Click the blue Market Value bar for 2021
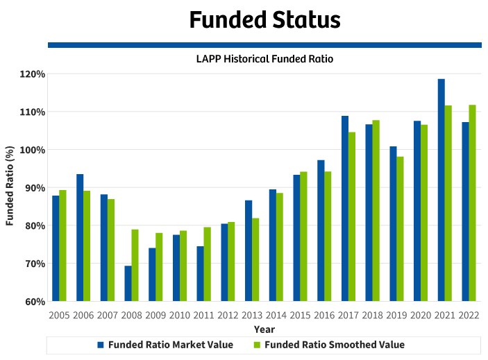click(x=441, y=190)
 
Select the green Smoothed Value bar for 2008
click(x=135, y=265)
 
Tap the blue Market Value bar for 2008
click(x=128, y=284)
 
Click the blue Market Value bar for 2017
click(x=345, y=209)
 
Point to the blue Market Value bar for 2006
click(x=80, y=238)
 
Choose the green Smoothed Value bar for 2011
click(x=208, y=264)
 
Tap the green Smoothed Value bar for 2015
click(x=304, y=237)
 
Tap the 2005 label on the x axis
click(x=59, y=316)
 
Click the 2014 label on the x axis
click(x=276, y=316)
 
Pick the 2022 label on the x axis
click(x=469, y=316)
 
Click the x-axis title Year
click(x=264, y=329)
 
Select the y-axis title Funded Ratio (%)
click(x=10, y=185)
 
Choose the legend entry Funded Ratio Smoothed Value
click(x=329, y=345)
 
